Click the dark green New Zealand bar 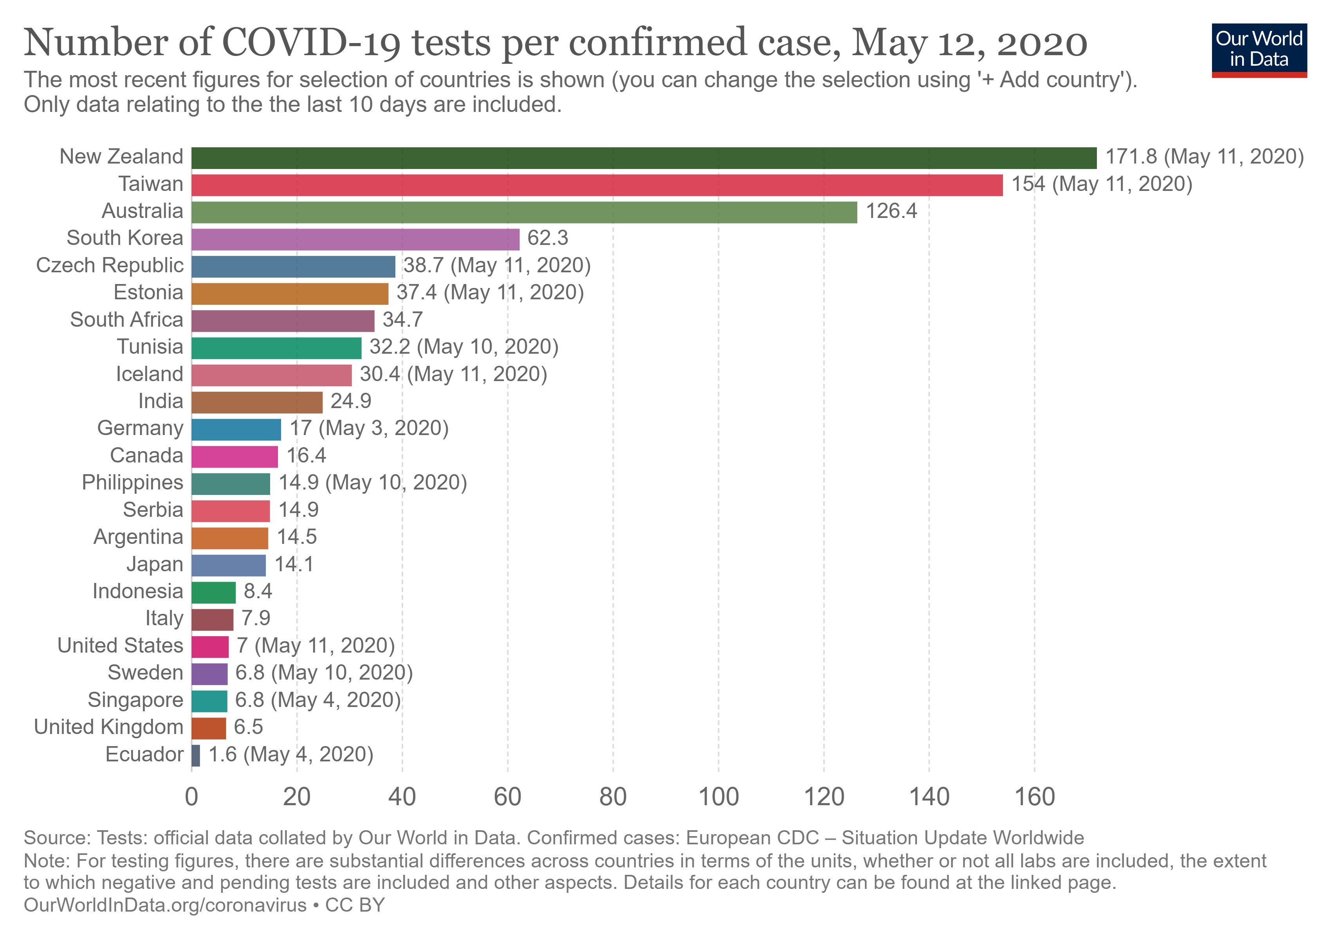click(644, 158)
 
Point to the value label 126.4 click(891, 211)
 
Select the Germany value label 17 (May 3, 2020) click(369, 428)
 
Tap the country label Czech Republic click(110, 265)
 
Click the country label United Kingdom click(108, 727)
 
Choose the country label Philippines click(132, 482)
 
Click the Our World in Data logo click(1259, 50)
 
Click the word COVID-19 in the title click(310, 43)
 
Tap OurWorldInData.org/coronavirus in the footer click(165, 905)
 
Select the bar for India click(256, 403)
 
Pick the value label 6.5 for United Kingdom click(248, 727)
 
